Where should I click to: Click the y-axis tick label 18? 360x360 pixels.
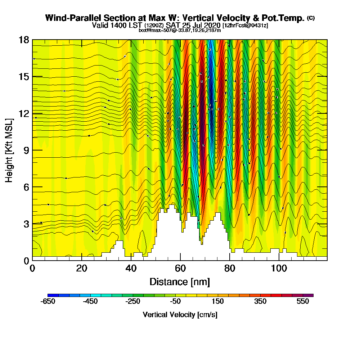(x=24, y=40)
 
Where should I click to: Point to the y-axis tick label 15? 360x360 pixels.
(x=24, y=77)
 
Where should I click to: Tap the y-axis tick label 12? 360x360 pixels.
(x=24, y=113)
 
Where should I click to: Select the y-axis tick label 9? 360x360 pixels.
(x=26, y=150)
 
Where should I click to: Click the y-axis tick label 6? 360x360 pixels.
(x=26, y=187)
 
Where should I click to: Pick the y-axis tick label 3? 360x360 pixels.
(x=26, y=224)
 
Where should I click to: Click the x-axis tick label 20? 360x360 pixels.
(x=82, y=269)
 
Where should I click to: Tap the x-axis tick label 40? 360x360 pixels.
(x=131, y=269)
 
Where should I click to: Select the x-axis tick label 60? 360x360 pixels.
(x=180, y=269)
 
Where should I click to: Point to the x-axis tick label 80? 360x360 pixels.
(x=229, y=269)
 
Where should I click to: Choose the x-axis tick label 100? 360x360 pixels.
(x=279, y=269)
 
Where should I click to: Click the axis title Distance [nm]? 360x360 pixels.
(x=180, y=282)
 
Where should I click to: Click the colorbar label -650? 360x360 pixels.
(x=48, y=302)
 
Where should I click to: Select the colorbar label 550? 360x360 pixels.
(x=303, y=302)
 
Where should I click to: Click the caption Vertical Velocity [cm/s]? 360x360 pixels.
(x=180, y=315)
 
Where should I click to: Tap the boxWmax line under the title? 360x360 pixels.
(x=180, y=30)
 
